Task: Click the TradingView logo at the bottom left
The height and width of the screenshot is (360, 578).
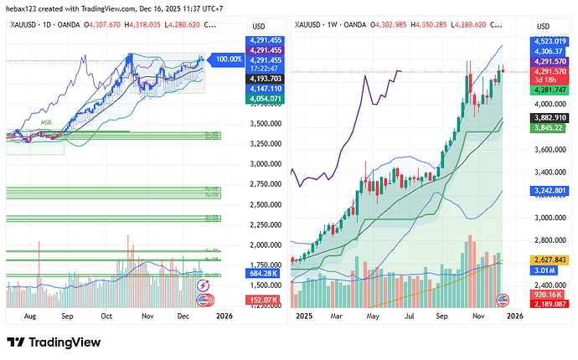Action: coord(54,342)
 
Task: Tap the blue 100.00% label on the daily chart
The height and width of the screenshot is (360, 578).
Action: coord(229,59)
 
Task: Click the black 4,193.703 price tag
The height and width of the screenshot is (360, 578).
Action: coord(263,78)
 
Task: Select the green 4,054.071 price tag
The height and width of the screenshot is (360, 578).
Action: coord(263,99)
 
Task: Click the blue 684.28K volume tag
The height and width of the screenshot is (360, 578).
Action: coord(263,274)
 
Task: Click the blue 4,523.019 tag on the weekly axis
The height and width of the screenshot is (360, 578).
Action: coord(550,40)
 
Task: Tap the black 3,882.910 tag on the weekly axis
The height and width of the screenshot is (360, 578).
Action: coord(550,118)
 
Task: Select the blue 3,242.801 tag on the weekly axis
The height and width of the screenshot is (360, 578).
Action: coord(550,190)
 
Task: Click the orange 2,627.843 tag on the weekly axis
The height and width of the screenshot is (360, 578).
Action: coord(550,260)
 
